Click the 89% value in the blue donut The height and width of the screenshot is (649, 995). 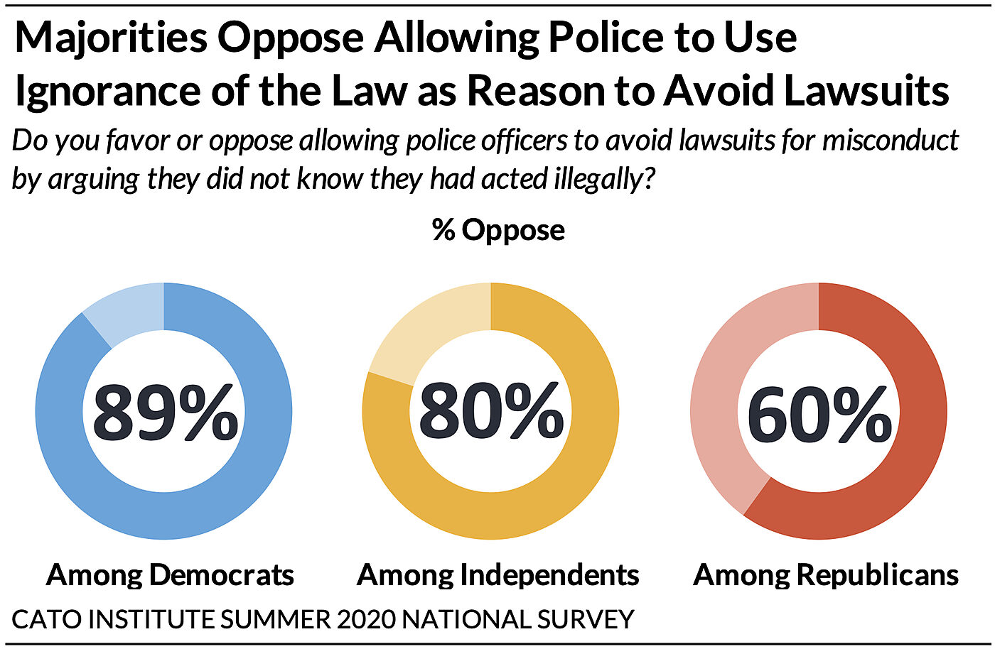165,413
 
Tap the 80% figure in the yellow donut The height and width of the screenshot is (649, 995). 491,411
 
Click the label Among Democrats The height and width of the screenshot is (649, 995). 170,574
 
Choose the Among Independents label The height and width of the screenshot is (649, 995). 497,574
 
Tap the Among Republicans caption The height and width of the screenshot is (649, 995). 826,574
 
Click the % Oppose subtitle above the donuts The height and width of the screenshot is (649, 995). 498,230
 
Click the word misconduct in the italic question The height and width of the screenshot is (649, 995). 891,141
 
